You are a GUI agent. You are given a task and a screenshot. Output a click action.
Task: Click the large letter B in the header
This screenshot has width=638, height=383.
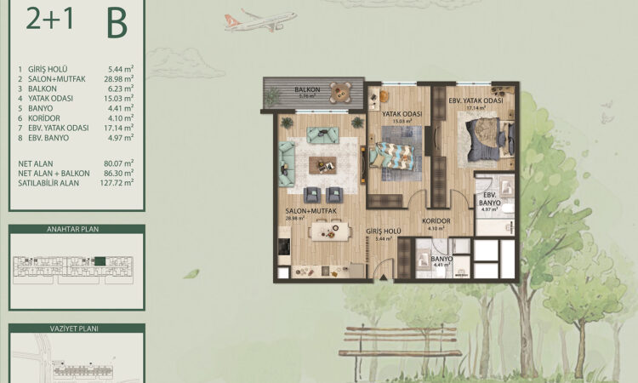point(117,24)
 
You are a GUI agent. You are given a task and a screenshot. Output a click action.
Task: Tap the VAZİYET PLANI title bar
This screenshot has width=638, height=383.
point(77,327)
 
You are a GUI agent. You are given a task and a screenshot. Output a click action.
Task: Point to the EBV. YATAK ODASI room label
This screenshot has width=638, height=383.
point(476,100)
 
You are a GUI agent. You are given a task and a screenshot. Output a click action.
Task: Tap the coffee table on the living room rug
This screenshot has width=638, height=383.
point(324,167)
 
